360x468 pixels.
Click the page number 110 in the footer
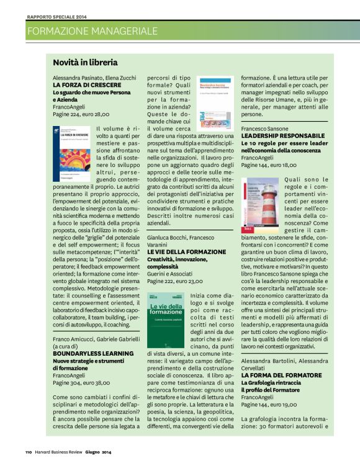[x=29, y=451]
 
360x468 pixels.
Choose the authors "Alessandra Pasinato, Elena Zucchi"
[x=94, y=77]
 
